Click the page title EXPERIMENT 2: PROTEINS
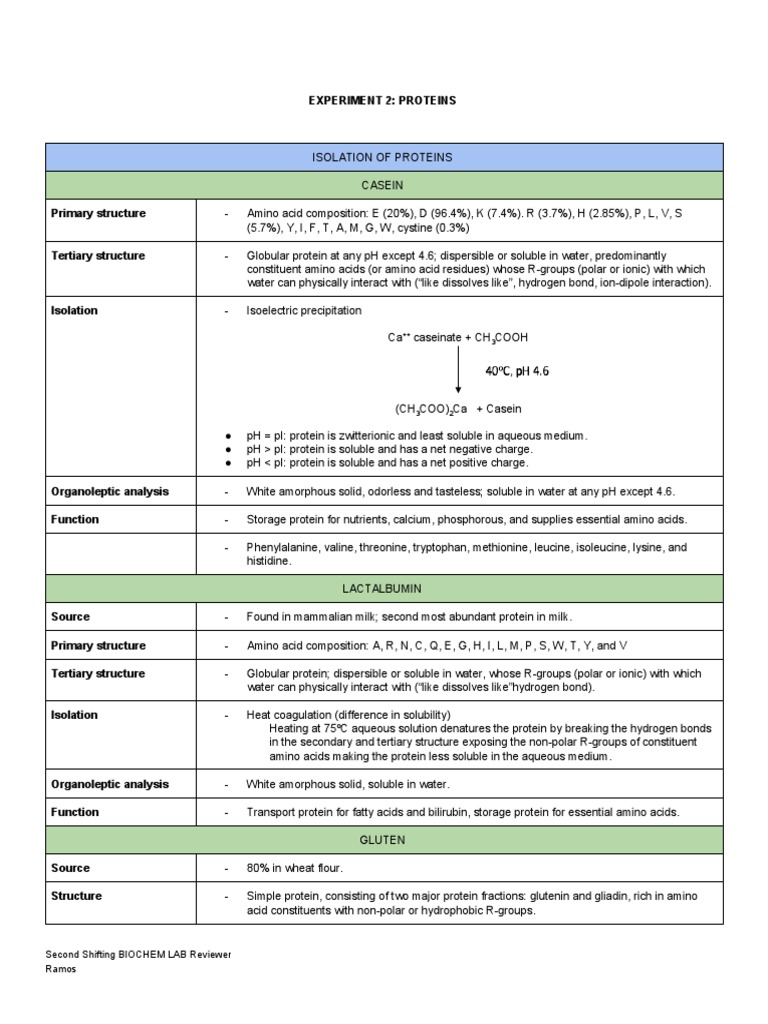(x=383, y=101)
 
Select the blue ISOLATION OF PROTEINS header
(x=383, y=157)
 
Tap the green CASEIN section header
(x=383, y=185)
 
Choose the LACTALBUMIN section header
(x=383, y=589)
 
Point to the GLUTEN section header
(x=383, y=840)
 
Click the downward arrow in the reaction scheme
(x=458, y=372)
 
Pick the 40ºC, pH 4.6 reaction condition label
(x=517, y=371)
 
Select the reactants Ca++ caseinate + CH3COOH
(x=458, y=338)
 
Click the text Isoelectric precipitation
(x=304, y=311)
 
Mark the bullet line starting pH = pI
(x=417, y=436)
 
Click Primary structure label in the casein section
(x=98, y=214)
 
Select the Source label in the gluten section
(x=70, y=868)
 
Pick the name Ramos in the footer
(x=62, y=969)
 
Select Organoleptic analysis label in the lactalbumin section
(x=110, y=784)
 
